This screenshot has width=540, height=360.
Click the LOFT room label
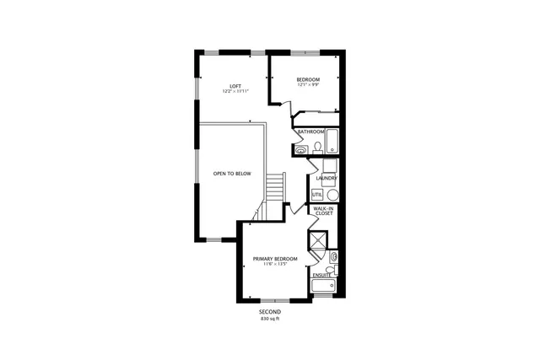click(237, 85)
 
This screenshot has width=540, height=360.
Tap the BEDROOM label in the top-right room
click(307, 79)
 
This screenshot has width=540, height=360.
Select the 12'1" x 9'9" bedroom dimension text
click(307, 85)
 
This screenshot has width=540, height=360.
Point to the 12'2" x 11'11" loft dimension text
click(237, 91)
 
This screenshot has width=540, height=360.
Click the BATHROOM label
click(310, 132)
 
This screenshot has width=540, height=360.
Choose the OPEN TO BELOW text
click(231, 174)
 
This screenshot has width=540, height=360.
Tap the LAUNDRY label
click(327, 179)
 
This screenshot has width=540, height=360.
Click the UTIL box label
click(316, 195)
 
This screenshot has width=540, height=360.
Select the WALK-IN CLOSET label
click(323, 211)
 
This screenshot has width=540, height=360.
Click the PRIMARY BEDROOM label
click(275, 258)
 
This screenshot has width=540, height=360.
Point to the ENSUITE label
click(321, 275)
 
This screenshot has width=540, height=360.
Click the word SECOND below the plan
click(269, 312)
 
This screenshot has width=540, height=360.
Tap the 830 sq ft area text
click(269, 319)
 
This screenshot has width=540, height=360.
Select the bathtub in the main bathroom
click(330, 141)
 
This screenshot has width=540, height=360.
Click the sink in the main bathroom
click(301, 150)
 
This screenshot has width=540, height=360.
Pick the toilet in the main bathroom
click(317, 148)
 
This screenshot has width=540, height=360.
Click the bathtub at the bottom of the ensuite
click(323, 287)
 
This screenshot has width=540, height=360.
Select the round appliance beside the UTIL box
click(331, 193)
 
